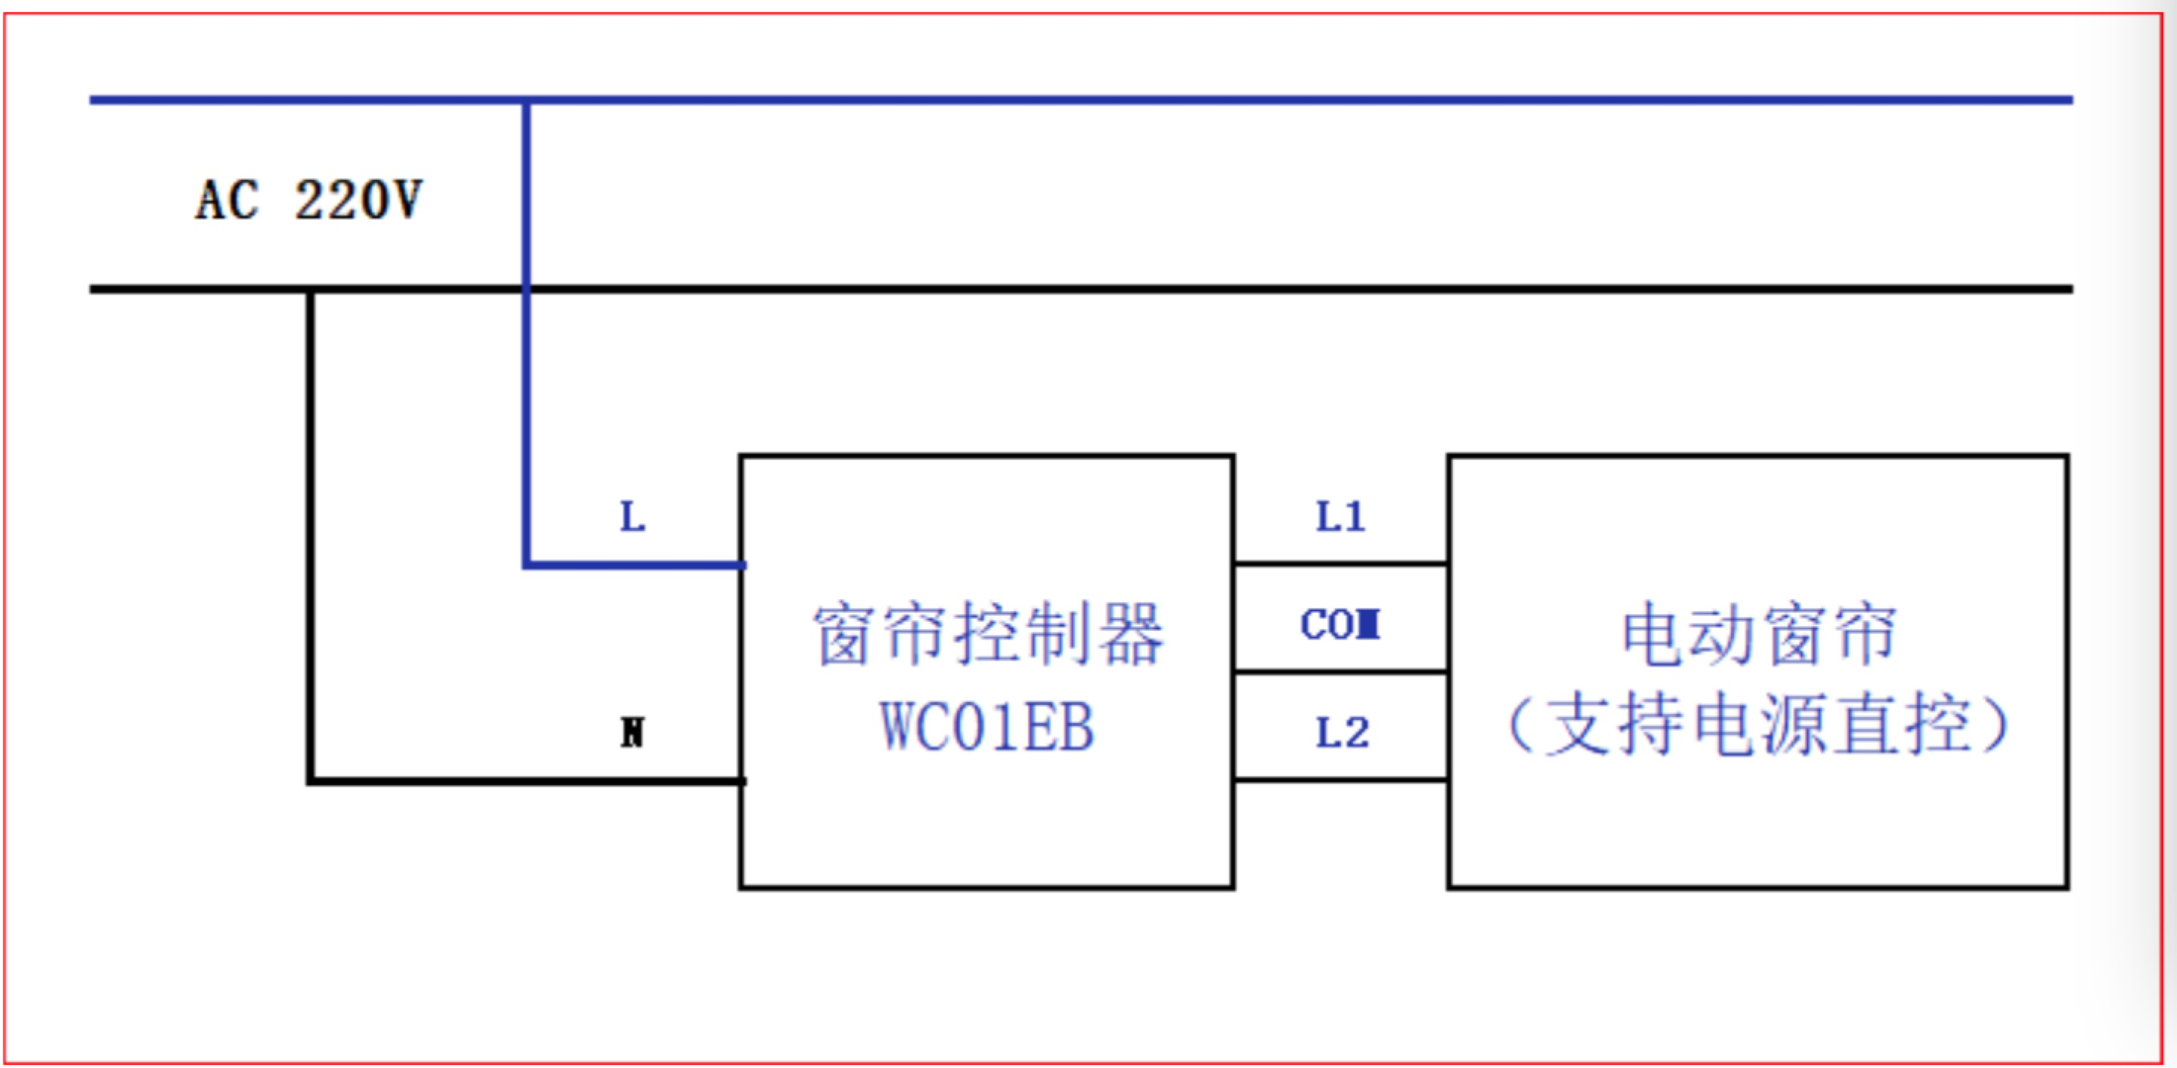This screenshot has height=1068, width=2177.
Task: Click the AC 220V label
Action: click(308, 201)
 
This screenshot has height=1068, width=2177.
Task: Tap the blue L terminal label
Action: click(632, 517)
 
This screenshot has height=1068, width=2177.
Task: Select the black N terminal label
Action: click(632, 732)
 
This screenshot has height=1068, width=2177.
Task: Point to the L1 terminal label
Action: click(1340, 517)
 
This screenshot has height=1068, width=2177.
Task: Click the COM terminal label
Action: click(1340, 625)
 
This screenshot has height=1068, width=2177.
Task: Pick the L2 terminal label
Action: click(1342, 732)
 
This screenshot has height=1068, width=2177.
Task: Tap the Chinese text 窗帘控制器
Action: click(987, 634)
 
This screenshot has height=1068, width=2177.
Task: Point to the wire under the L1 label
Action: click(1340, 563)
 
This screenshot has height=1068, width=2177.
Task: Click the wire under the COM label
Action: click(1340, 672)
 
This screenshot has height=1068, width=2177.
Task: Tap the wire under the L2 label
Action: click(1340, 779)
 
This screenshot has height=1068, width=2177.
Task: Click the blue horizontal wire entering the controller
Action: click(634, 564)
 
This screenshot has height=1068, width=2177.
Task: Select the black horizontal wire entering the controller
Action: click(524, 781)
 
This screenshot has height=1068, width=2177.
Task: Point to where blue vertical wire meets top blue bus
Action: click(525, 101)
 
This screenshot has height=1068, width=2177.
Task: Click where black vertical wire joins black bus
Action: click(310, 290)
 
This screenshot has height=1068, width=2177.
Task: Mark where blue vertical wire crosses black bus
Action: click(525, 289)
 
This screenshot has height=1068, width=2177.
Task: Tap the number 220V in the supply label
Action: click(358, 201)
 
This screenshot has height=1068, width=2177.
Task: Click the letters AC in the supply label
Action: click(227, 201)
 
